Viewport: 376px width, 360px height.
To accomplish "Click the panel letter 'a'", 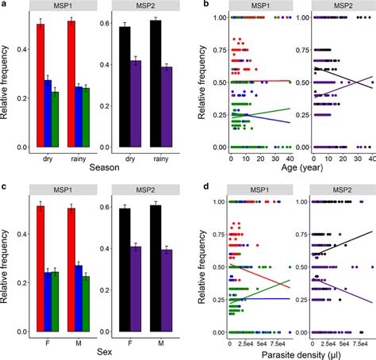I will [4, 5].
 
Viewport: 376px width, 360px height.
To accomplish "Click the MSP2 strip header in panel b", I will [333, 7].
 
